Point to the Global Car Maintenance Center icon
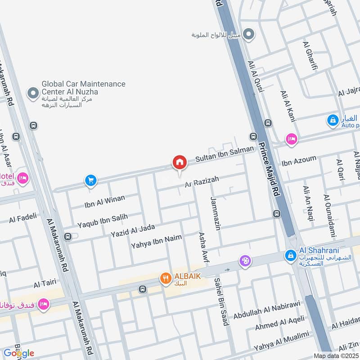(x=32, y=93)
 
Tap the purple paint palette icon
(x=245, y=261)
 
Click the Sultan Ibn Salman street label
(x=221, y=155)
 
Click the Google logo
(x=18, y=353)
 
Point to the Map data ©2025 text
(x=335, y=355)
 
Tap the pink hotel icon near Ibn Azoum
(x=291, y=139)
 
